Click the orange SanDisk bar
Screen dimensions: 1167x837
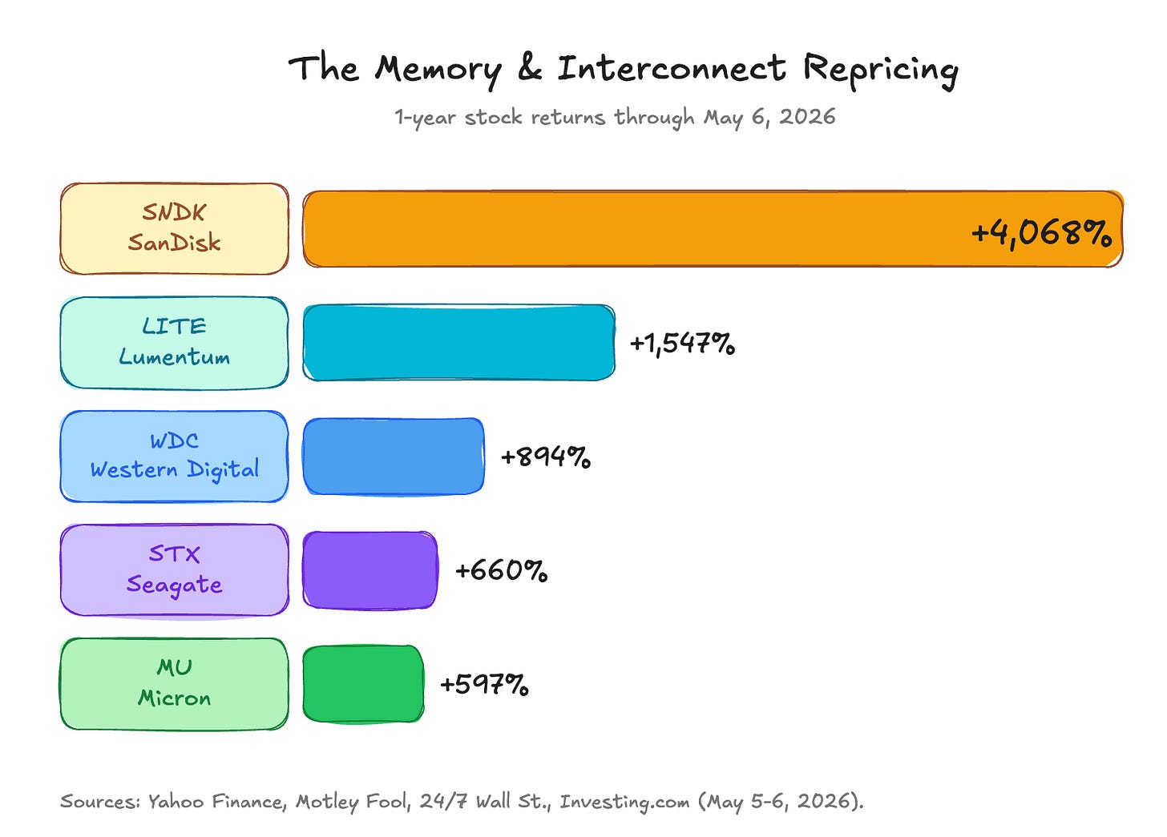pyautogui.click(x=713, y=229)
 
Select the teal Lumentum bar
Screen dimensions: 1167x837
pyautogui.click(x=459, y=343)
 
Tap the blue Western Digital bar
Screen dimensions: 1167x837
pyautogui.click(x=394, y=457)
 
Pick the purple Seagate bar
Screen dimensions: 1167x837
pyautogui.click(x=370, y=570)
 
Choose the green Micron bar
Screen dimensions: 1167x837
pyautogui.click(x=363, y=684)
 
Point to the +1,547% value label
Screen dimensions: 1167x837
pyautogui.click(x=682, y=344)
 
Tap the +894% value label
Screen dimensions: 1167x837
pyautogui.click(x=546, y=457)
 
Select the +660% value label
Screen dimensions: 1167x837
pyautogui.click(x=501, y=570)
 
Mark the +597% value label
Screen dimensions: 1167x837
pyautogui.click(x=484, y=685)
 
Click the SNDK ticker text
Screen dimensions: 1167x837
pyautogui.click(x=174, y=212)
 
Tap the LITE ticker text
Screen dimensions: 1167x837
pyautogui.click(x=174, y=326)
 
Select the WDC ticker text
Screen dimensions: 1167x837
pyautogui.click(x=174, y=441)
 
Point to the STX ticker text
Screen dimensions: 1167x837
pyautogui.click(x=174, y=553)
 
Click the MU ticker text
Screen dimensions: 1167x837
pyautogui.click(x=175, y=667)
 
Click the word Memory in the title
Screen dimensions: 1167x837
pyautogui.click(x=438, y=70)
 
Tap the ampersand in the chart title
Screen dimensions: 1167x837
pyautogui.click(x=530, y=68)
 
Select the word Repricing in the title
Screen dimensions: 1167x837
pyautogui.click(x=880, y=70)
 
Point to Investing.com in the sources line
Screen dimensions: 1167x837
pyautogui.click(x=624, y=802)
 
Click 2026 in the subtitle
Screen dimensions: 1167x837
pyautogui.click(x=808, y=117)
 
